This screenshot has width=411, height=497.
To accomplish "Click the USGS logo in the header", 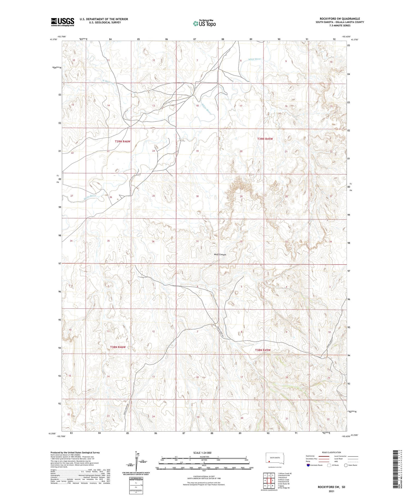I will point(62,22).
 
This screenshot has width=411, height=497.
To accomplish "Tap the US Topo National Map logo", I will point(204,23).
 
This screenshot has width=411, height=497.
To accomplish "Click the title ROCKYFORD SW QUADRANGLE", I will point(339,19).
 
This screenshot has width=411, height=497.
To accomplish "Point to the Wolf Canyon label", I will point(220,255).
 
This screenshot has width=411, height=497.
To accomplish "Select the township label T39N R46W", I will point(122,141).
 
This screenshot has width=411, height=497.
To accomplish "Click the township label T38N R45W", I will point(262,350).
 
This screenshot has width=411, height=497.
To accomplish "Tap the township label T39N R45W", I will point(265,139).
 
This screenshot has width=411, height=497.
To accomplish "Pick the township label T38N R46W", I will point(118,347).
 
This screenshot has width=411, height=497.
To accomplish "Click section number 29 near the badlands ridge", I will point(241,197).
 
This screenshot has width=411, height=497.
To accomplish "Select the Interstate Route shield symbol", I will point(308,465).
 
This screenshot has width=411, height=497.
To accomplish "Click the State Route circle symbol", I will point(346,465).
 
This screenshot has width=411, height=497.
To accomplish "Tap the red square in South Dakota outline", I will point(269,461).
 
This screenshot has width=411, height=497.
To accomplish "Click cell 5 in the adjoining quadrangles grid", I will point(273,480).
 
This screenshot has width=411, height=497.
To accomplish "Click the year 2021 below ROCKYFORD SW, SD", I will point(331,491).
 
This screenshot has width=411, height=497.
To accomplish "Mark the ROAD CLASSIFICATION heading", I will point(332,452).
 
